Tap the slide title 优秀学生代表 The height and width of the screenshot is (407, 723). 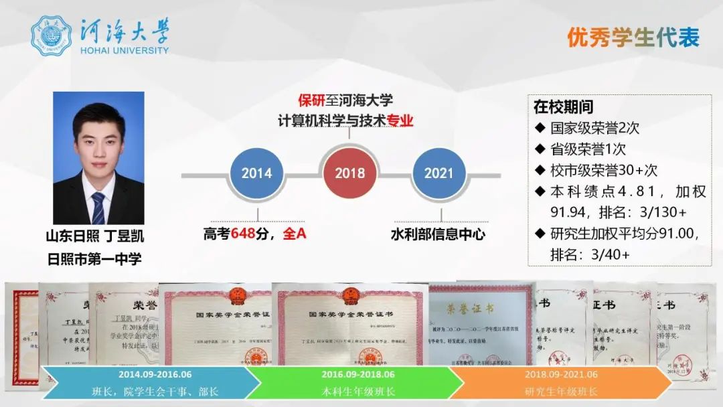click(x=633, y=37)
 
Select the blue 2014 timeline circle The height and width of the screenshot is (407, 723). click(x=256, y=173)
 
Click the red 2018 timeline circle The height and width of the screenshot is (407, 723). click(x=349, y=173)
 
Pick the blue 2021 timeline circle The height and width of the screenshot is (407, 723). click(x=438, y=173)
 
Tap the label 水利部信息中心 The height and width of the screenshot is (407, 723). click(x=438, y=234)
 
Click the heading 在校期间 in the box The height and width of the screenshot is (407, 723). click(x=563, y=107)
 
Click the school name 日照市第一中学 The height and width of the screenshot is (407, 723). click(x=94, y=258)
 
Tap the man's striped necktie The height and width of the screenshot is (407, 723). click(x=98, y=208)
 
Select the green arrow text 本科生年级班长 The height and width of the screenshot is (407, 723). click(x=357, y=391)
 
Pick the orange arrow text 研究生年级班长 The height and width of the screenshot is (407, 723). click(x=561, y=391)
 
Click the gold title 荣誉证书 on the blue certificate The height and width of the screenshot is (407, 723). click(x=471, y=309)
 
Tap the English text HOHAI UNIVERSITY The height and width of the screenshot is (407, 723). click(x=125, y=50)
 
